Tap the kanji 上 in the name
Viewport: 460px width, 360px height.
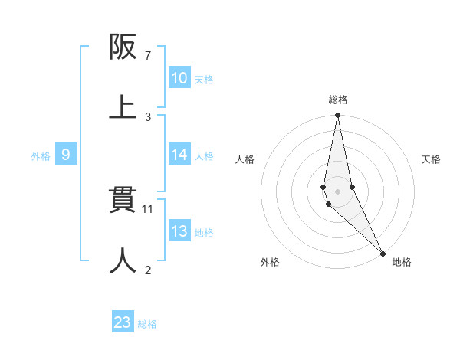coord(123,107)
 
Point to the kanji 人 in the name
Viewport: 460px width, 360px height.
coord(123,260)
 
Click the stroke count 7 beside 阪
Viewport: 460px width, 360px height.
coord(148,56)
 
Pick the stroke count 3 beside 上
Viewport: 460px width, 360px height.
coord(148,116)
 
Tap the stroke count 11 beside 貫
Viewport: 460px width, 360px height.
coord(149,208)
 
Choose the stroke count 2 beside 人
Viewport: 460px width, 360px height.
coord(148,270)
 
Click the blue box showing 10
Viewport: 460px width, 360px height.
coord(179,78)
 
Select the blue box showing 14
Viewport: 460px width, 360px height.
coord(179,155)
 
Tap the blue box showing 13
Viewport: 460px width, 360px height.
coord(179,231)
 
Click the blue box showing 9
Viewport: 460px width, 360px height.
coord(66,155)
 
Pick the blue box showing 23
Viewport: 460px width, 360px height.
coord(123,322)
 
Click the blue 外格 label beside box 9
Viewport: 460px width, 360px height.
coord(41,156)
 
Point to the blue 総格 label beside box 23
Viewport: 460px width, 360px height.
coord(147,324)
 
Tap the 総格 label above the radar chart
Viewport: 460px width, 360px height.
coord(337,100)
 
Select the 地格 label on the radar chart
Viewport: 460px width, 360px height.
coord(402,262)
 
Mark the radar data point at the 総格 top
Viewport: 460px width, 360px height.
coord(337,116)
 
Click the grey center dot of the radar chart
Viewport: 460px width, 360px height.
coord(337,191)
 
